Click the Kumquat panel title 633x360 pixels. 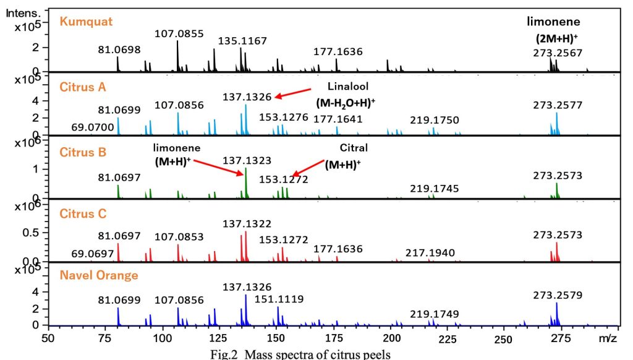tap(86, 22)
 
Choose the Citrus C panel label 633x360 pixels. tap(84, 213)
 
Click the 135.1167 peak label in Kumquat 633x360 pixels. tap(242, 41)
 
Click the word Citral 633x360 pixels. tap(354, 148)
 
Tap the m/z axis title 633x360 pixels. tap(609, 339)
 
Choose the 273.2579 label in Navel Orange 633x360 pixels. tap(558, 296)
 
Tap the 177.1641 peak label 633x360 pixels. tap(338, 119)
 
